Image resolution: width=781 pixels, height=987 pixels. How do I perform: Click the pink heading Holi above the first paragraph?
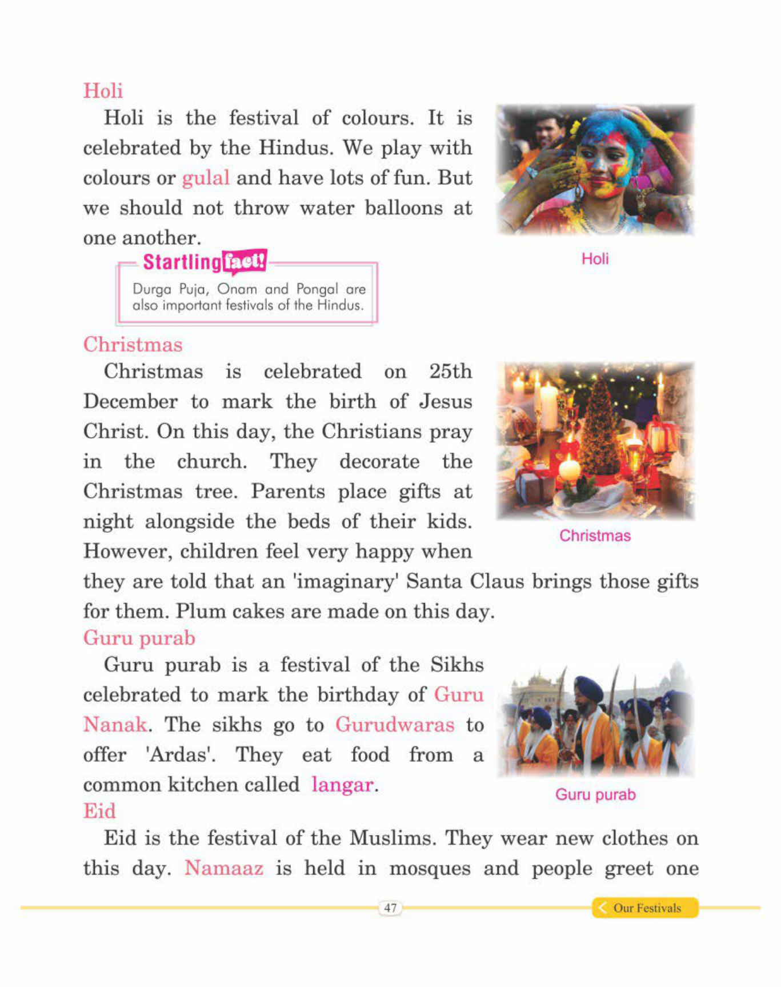pyautogui.click(x=103, y=90)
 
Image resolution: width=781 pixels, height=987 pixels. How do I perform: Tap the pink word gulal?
pyautogui.click(x=206, y=178)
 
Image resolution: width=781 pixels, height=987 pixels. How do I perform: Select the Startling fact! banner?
pyautogui.click(x=205, y=262)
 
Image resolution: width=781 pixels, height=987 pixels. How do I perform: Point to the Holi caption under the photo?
pyautogui.click(x=595, y=259)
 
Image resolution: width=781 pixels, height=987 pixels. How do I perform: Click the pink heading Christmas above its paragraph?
pyautogui.click(x=133, y=345)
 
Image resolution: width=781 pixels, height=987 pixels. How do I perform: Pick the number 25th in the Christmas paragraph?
pyautogui.click(x=450, y=371)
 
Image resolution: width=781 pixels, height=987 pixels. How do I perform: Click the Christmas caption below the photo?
pyautogui.click(x=595, y=536)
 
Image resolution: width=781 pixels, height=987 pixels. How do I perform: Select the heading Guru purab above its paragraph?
pyautogui.click(x=139, y=638)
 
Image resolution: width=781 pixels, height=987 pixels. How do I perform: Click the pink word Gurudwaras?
pyautogui.click(x=394, y=725)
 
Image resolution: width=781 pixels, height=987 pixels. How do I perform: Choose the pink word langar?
pyautogui.click(x=342, y=785)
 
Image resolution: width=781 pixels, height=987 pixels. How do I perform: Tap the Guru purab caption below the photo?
pyautogui.click(x=595, y=795)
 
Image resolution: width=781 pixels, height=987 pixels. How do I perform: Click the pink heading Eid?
pyautogui.click(x=99, y=811)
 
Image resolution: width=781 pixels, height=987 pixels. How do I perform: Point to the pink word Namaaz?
pyautogui.click(x=224, y=869)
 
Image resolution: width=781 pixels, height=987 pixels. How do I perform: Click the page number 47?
pyautogui.click(x=390, y=908)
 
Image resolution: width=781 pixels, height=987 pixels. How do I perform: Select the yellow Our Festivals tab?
pyautogui.click(x=645, y=908)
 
